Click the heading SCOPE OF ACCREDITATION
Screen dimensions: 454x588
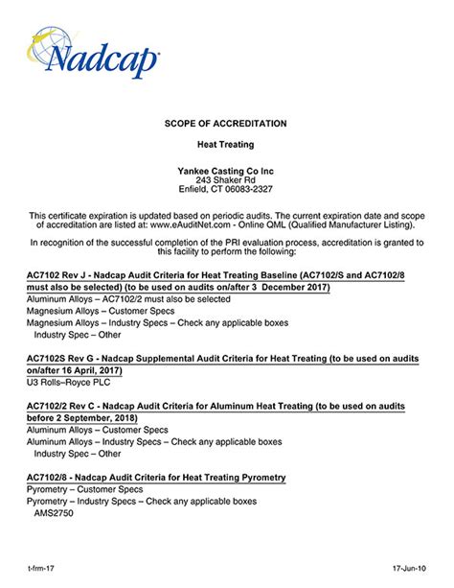pyautogui.click(x=227, y=124)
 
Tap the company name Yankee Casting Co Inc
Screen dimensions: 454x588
pyautogui.click(x=227, y=170)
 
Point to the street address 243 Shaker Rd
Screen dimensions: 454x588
pyautogui.click(x=227, y=179)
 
